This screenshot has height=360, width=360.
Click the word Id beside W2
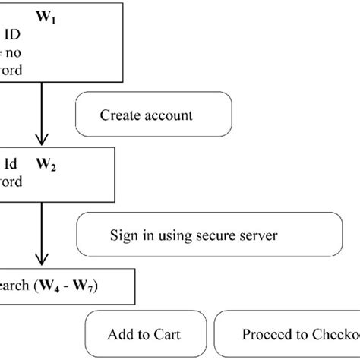11,163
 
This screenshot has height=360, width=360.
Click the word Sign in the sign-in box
122,235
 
